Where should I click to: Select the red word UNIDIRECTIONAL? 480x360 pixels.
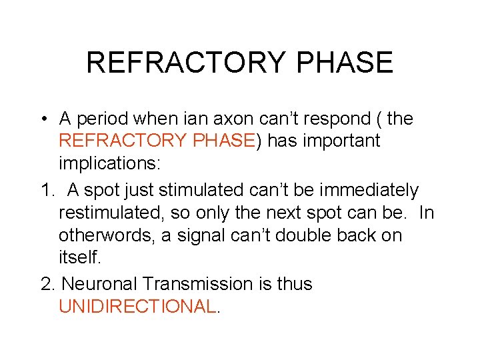pyautogui.click(x=138, y=307)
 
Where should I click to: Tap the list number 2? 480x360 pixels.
pyautogui.click(x=46, y=284)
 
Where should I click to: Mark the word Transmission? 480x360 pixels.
pyautogui.click(x=201, y=284)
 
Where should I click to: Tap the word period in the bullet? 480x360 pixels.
pyautogui.click(x=102, y=120)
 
